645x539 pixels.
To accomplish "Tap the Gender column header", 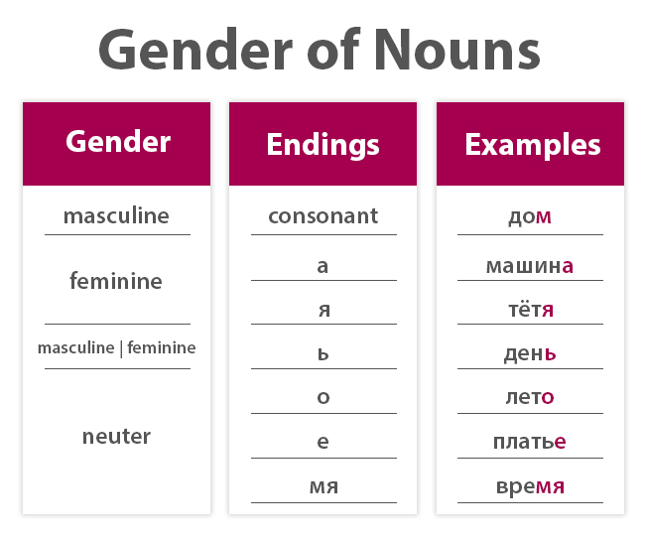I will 117,142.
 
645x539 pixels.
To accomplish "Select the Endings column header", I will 322,145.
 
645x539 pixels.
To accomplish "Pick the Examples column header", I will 532,145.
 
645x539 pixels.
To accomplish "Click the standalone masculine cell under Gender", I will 116,215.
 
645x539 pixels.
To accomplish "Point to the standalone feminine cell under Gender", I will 116,281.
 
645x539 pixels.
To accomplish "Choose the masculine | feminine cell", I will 116,347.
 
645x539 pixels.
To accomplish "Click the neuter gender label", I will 116,436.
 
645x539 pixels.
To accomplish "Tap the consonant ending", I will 322,215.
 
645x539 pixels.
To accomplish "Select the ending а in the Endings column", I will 322,266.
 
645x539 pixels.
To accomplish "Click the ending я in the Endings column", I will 322,310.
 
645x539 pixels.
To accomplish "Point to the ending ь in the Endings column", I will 322,353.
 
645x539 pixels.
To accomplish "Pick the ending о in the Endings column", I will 322,398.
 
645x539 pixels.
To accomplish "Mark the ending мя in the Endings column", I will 322,486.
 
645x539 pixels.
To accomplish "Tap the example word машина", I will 530,266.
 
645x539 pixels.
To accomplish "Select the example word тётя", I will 530,310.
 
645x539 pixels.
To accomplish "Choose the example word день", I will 530,353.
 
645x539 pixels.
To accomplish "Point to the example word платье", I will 530,442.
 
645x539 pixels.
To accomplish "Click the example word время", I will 530,486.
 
